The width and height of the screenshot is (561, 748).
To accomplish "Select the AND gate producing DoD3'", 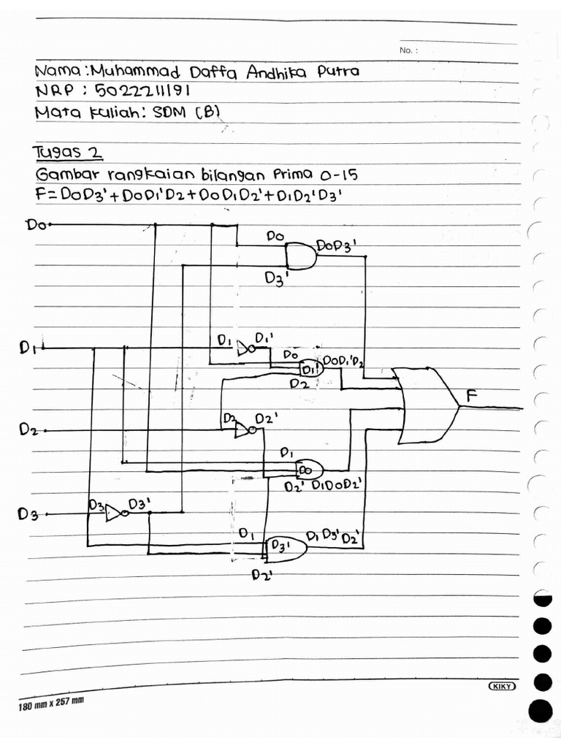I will click(x=300, y=256).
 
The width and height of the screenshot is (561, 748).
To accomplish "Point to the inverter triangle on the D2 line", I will click(x=240, y=430).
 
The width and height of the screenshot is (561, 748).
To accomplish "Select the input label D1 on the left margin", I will click(x=30, y=348).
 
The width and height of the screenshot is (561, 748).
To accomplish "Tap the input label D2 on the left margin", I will click(x=29, y=430).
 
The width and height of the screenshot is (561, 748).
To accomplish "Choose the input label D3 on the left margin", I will click(x=28, y=514).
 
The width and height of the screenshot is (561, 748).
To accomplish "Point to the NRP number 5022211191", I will click(x=147, y=93).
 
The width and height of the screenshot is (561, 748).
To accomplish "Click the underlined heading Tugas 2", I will click(x=68, y=153).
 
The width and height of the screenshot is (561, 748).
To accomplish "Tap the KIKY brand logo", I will click(x=502, y=687).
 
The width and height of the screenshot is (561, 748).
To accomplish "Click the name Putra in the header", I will click(x=337, y=72).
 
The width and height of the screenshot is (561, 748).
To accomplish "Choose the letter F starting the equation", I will click(x=40, y=196).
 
